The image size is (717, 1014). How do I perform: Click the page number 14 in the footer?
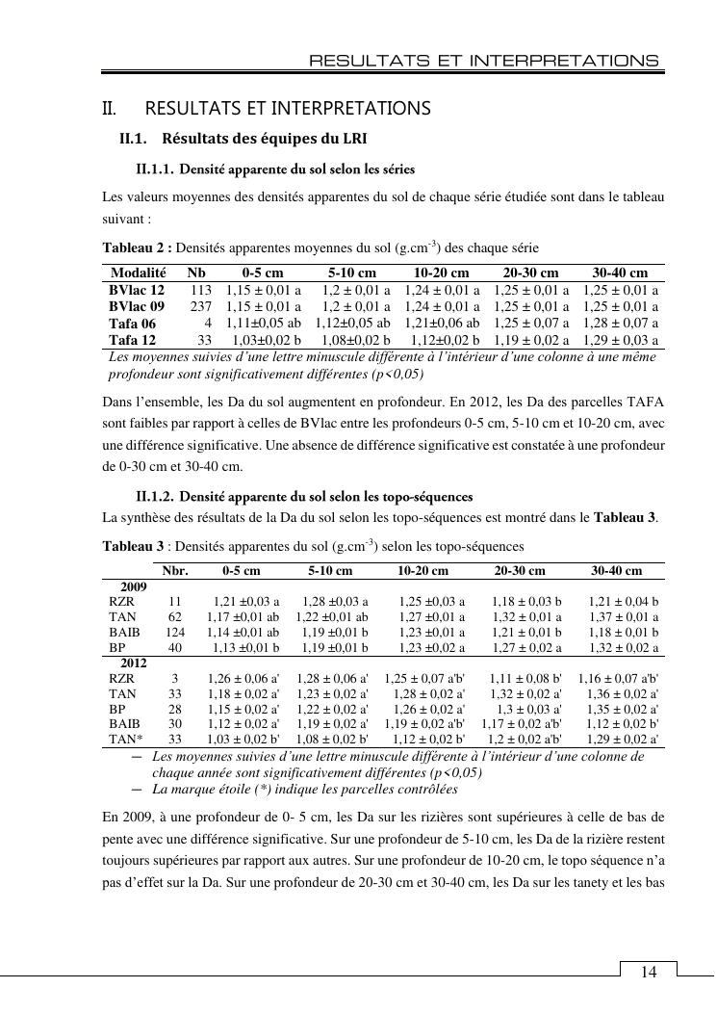[x=649, y=972]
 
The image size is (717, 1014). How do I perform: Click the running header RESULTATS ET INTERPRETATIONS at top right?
[x=483, y=61]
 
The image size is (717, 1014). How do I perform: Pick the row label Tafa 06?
[x=133, y=324]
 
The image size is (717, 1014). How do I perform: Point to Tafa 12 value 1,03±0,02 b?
[x=263, y=340]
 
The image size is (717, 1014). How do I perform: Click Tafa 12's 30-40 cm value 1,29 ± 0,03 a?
[x=620, y=340]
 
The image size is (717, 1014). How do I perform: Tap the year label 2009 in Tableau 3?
[x=133, y=585]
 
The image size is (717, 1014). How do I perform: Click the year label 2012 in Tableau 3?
[x=133, y=663]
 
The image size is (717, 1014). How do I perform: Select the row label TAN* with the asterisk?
[x=124, y=740]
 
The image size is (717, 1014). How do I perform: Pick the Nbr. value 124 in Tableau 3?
[x=175, y=632]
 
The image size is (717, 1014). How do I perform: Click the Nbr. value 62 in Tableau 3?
[x=175, y=616]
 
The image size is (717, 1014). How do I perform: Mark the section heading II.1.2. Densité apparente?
[x=304, y=497]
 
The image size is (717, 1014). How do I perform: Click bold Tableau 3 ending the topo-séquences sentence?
[x=625, y=517]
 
